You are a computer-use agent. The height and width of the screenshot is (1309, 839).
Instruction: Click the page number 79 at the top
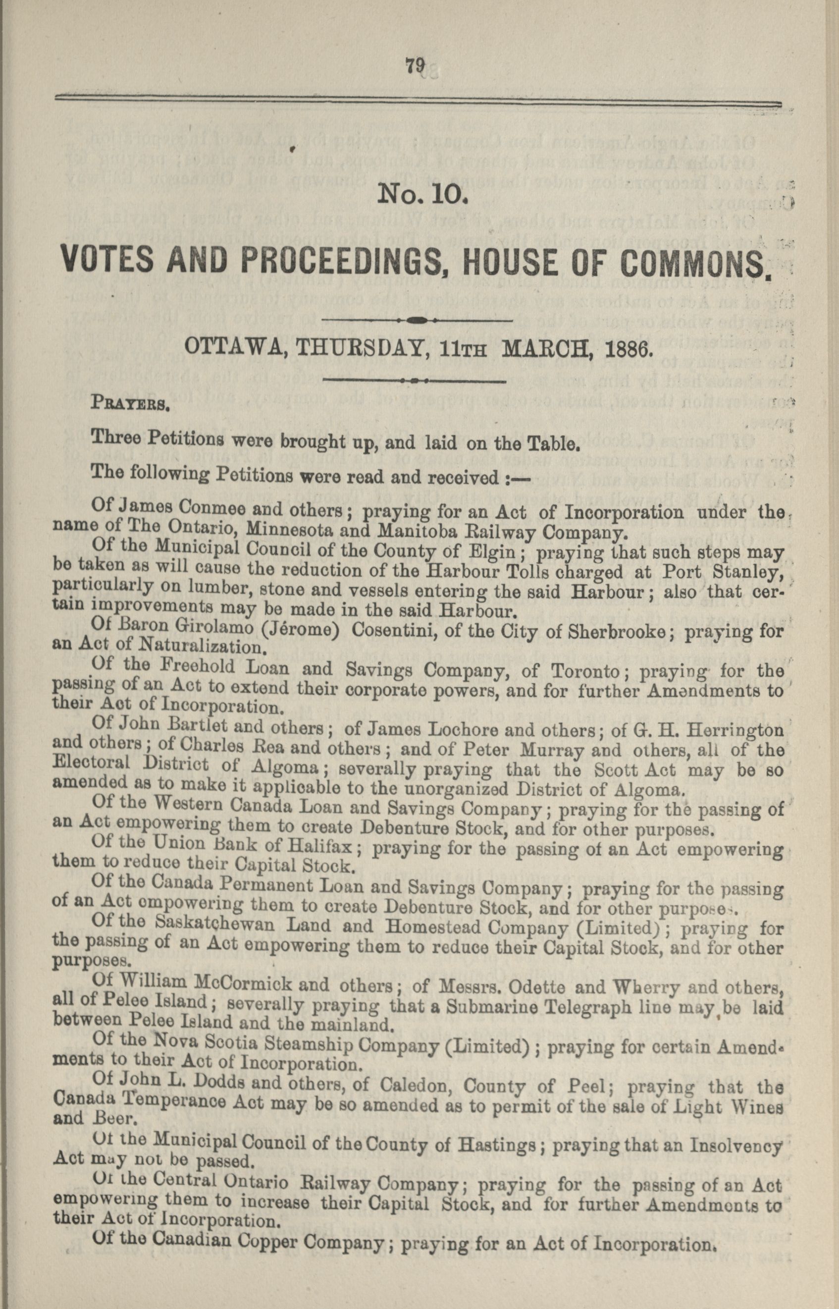415,66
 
